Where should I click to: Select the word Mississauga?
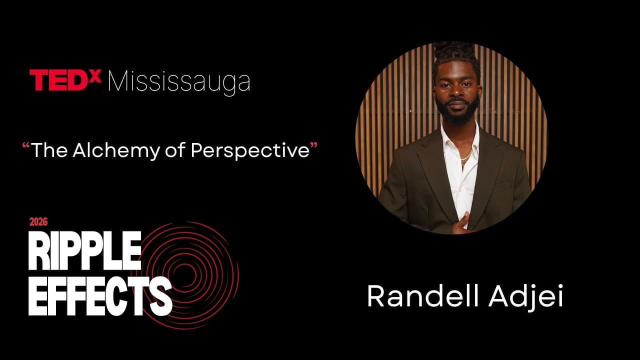[x=179, y=81]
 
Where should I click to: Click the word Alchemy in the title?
[x=116, y=150]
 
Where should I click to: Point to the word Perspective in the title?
[x=250, y=151]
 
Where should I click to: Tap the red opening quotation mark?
[x=26, y=146]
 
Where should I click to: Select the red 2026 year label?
[x=38, y=221]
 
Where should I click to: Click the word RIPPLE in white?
[x=85, y=250]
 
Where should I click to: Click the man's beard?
[x=456, y=113]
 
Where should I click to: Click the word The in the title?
[x=49, y=150]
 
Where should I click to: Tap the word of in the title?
[x=174, y=150]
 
